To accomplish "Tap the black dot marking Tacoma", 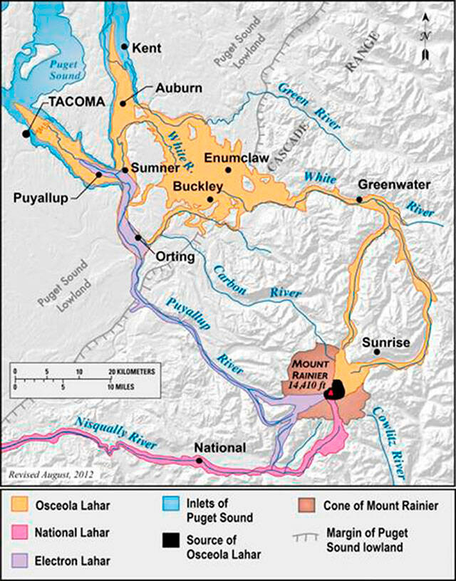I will tap(26, 133).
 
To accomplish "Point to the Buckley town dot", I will tap(209, 199).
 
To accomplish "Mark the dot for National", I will tap(199, 461).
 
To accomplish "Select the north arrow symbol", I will tap(426, 36).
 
